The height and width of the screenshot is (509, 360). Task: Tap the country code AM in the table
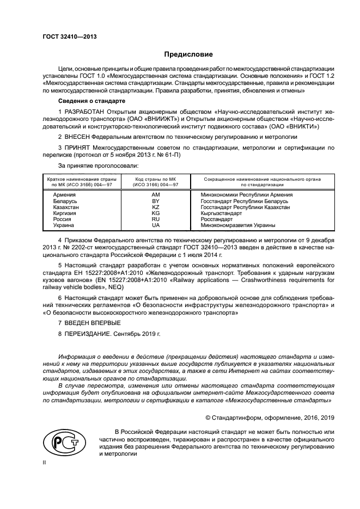[155, 194]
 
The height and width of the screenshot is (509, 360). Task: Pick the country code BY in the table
[155, 201]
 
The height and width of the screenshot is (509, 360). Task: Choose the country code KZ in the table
[155, 207]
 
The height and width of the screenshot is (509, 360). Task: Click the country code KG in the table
[155, 213]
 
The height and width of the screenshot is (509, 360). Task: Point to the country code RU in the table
[155, 219]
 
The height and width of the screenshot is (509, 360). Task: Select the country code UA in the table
[155, 225]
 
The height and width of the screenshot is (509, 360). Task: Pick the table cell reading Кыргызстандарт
[223, 213]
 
